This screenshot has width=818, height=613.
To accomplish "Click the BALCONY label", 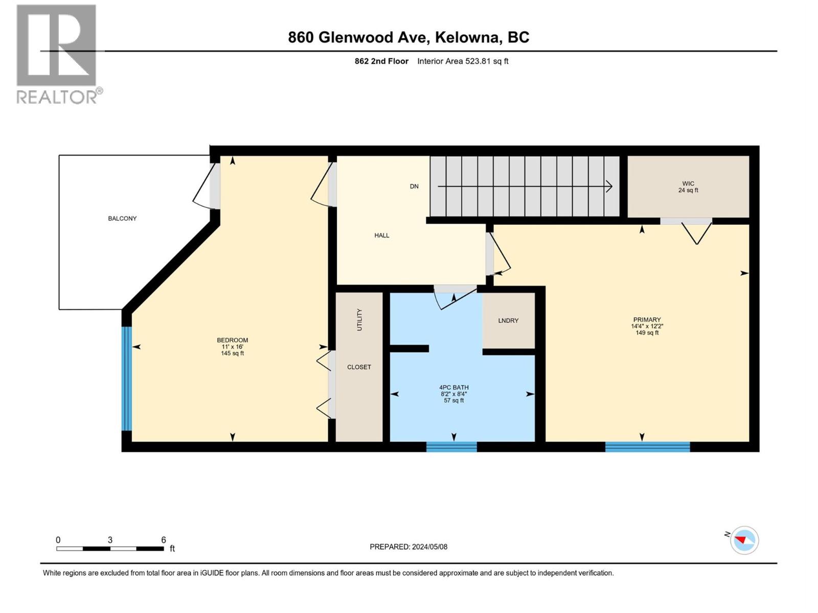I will pos(122,218).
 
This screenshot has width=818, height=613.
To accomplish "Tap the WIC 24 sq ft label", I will pos(688,187).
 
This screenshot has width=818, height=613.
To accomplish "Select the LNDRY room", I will pos(508,320).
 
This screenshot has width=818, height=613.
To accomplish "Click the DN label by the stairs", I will pos(414,186).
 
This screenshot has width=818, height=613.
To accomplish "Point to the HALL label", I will pos(382,235).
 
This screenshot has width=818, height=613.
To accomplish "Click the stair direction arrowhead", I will pos(609,186).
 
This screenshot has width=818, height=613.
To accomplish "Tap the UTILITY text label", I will pos(359,320).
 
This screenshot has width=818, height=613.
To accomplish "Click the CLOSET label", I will pos(359,367).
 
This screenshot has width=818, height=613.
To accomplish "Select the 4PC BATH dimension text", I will pos(454,394).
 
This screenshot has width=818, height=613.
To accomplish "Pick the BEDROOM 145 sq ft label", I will pos(233,346).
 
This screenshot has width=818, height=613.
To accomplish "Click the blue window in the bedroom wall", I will pos(127,379).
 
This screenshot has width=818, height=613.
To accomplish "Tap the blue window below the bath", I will pos(451,447).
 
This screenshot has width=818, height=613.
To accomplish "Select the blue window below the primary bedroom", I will pos(647,447).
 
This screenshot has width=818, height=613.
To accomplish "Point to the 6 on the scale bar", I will pos(164,540).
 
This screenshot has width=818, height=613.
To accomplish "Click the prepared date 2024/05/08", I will pos(408,547).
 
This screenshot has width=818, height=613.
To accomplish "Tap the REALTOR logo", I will pos(57,54).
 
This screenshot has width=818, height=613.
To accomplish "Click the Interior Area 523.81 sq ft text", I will pos(463,61).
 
